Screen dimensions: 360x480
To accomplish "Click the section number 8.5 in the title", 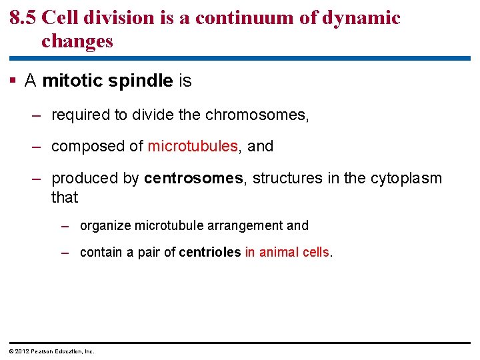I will (23, 17).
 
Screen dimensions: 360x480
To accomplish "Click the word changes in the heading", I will (77, 41).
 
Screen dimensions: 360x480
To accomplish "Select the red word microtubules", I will (193, 146).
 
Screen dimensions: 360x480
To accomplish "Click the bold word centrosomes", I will (193, 178).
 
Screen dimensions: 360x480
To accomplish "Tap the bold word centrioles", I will (209, 252).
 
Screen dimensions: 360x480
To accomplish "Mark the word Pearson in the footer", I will (40, 351).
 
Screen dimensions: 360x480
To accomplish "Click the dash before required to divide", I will (38, 115).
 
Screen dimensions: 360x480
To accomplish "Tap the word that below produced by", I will (65, 197).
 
